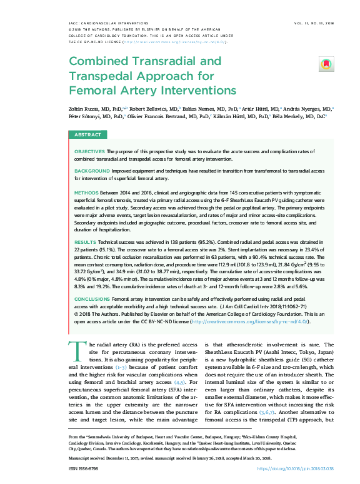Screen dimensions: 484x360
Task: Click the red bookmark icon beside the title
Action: coord(325,64)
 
